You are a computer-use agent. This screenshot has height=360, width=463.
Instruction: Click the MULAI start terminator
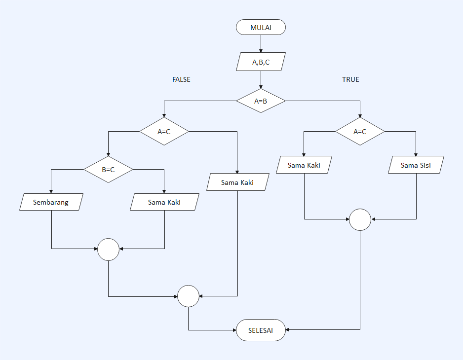[261, 27]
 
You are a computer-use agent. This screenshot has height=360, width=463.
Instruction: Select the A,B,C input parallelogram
[261, 62]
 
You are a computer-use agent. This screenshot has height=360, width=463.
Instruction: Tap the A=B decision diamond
[261, 101]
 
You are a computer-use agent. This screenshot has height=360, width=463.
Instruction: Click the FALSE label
[181, 79]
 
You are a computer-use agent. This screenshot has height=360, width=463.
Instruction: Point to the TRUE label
[350, 79]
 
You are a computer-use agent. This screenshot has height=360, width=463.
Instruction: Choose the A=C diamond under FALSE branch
[164, 132]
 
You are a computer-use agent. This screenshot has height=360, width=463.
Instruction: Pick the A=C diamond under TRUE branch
[360, 132]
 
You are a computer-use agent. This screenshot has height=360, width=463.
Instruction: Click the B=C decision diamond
[108, 170]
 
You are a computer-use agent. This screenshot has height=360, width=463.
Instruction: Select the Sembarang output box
[51, 202]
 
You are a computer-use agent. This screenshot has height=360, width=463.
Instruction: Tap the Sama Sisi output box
[416, 165]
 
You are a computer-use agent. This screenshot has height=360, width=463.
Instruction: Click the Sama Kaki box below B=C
[164, 202]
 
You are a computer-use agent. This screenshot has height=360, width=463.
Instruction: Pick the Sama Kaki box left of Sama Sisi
[304, 165]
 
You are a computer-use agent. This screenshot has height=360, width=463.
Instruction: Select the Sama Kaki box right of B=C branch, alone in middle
[237, 182]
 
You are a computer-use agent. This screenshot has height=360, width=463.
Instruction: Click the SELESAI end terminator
[261, 330]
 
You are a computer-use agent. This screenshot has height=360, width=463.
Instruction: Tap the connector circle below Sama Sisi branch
[360, 219]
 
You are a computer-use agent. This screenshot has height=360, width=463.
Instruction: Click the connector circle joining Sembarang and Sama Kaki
[108, 249]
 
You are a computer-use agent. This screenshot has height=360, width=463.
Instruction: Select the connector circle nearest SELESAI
[188, 296]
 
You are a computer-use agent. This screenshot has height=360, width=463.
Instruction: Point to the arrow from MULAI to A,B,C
[261, 43]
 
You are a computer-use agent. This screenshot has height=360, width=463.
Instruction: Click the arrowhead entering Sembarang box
[51, 191]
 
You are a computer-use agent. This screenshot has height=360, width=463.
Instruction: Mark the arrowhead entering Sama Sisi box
[416, 154]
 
